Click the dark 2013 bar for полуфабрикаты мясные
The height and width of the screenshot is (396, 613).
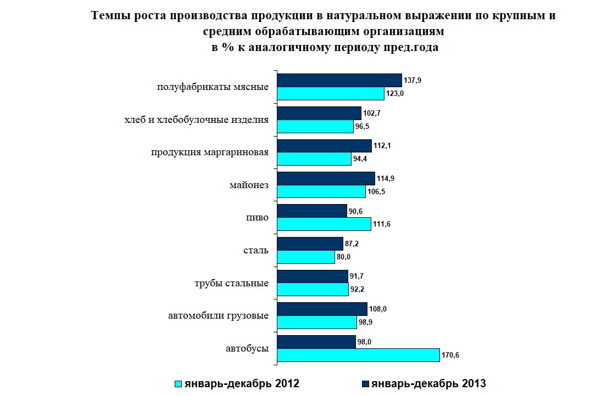[339, 81]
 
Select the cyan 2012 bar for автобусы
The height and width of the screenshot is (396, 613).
[359, 355]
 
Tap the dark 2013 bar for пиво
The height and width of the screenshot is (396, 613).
[312, 211]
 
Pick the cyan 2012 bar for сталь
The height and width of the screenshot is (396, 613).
[306, 257]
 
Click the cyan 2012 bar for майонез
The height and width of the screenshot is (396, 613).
[321, 191]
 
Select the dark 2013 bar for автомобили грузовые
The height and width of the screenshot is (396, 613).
[322, 309]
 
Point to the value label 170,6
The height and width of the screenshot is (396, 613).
[450, 355]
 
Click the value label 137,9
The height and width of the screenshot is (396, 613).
[413, 81]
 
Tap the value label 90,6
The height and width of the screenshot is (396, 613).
[355, 211]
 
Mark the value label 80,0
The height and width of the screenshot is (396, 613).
[344, 257]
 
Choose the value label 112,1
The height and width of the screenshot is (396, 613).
[382, 146]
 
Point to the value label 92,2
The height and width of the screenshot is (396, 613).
[357, 290]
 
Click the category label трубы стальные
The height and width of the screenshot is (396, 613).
[231, 283]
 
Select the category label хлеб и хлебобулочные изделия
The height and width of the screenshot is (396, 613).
[197, 120]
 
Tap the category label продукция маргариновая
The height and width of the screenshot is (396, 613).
[210, 152]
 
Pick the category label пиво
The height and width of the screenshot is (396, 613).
[257, 218]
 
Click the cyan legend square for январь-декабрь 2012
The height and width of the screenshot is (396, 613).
[178, 384]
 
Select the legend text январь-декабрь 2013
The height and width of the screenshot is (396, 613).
[428, 383]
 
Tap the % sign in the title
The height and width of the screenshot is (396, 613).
[227, 47]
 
